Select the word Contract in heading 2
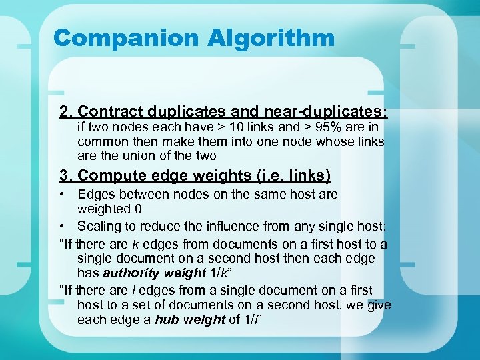tap(112, 111)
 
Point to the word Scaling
tap(99, 226)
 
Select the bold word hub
tap(165, 319)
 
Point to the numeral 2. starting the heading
tap(66, 111)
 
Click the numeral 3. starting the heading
tap(66, 175)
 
